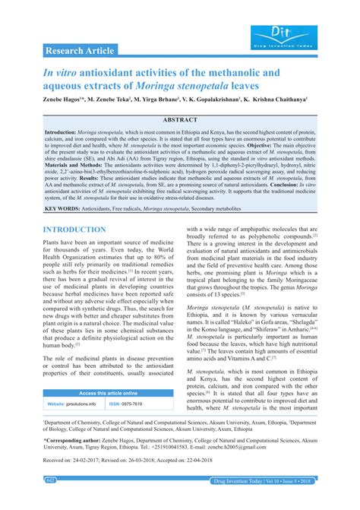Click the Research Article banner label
coord(81,50)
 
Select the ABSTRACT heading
coord(179,119)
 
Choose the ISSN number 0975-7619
coord(145,404)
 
